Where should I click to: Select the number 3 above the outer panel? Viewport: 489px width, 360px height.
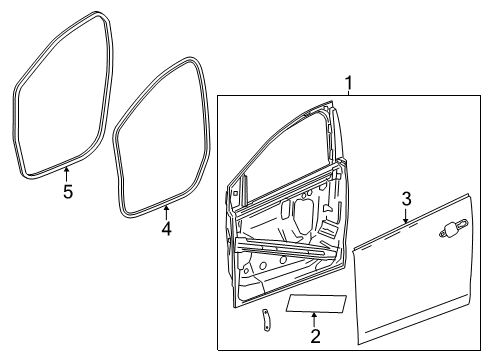click(x=406, y=198)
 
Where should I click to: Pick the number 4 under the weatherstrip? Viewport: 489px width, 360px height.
click(x=166, y=229)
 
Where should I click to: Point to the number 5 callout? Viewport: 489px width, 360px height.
click(x=68, y=192)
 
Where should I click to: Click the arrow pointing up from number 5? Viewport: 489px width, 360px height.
click(x=67, y=176)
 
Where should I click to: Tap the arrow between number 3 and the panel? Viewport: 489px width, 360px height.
click(x=405, y=213)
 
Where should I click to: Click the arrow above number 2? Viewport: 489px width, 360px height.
click(x=315, y=318)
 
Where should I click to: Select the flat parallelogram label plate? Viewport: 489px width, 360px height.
click(x=317, y=304)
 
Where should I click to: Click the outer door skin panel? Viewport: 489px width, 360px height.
click(x=410, y=280)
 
